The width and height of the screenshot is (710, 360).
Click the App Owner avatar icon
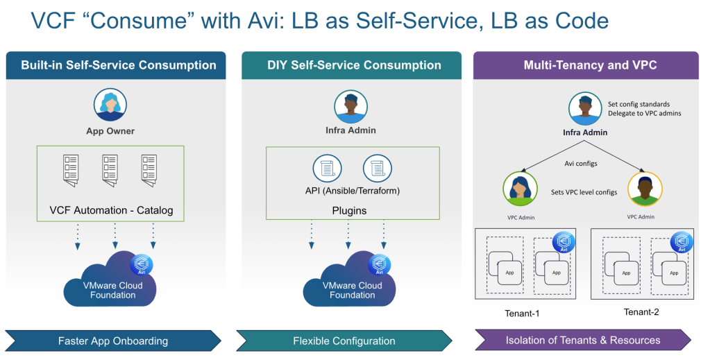coord(110,106)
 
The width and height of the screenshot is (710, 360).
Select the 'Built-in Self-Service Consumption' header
coord(119,65)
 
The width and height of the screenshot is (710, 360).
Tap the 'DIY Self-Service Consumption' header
coord(354,65)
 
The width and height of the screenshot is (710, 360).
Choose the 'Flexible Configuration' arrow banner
coord(344,341)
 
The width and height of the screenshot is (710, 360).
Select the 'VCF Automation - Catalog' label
coord(111,209)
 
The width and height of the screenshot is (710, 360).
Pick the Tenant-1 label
coord(522,313)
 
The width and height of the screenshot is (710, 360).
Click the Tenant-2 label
coord(641,312)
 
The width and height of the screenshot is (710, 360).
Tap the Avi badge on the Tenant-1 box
coord(564,242)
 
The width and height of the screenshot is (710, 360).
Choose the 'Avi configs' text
coord(581,164)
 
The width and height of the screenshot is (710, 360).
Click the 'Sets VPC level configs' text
coord(584,192)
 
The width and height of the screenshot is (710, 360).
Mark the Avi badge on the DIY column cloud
coord(380,265)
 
